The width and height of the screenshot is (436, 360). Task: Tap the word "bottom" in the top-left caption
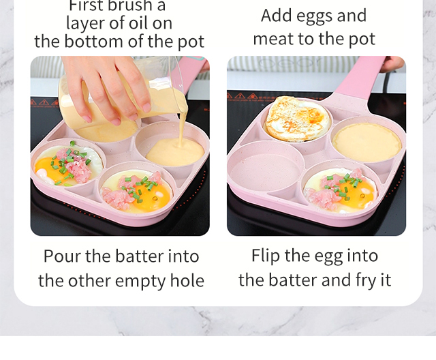point(94,41)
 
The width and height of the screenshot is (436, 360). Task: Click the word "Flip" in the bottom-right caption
point(266,256)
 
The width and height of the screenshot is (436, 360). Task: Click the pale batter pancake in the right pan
point(367,142)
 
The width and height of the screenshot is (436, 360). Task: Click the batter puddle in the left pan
point(175,153)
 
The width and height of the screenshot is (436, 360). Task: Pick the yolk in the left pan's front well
point(153,196)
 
